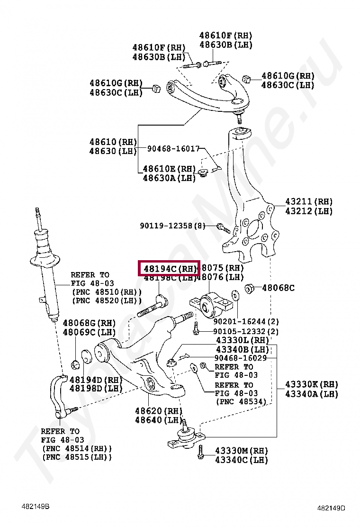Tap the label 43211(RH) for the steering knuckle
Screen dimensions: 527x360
tap(309, 201)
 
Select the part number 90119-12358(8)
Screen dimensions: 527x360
tap(172, 226)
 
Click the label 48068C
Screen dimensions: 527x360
tap(278, 288)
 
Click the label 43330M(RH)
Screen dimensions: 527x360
tap(241, 450)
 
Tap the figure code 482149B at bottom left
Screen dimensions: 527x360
tap(36, 507)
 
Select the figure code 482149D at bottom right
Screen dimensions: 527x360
tap(331, 508)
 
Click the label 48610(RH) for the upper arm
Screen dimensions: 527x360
tap(113, 142)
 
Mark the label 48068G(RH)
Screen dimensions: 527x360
tap(89, 323)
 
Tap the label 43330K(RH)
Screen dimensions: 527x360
tap(312, 384)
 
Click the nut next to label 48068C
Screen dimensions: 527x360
tap(251, 287)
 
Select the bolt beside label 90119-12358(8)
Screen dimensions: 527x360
tap(223, 228)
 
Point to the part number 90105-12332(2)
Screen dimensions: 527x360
tap(246, 331)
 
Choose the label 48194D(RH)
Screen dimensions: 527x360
tap(96, 380)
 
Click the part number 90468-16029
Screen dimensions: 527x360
tap(240, 358)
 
